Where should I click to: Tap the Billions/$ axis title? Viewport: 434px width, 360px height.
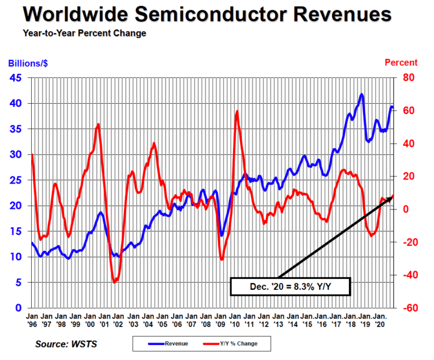click(x=28, y=63)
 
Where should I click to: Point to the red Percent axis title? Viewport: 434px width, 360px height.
click(x=400, y=62)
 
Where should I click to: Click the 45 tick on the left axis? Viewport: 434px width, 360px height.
click(x=17, y=78)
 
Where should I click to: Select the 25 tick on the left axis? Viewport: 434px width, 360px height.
click(x=17, y=180)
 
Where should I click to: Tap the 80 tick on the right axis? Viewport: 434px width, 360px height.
click(x=408, y=78)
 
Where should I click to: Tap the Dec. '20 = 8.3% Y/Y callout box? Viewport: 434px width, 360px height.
click(x=290, y=287)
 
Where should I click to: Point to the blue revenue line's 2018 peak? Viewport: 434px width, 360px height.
click(x=361, y=94)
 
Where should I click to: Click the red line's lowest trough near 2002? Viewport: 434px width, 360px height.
click(x=115, y=281)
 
